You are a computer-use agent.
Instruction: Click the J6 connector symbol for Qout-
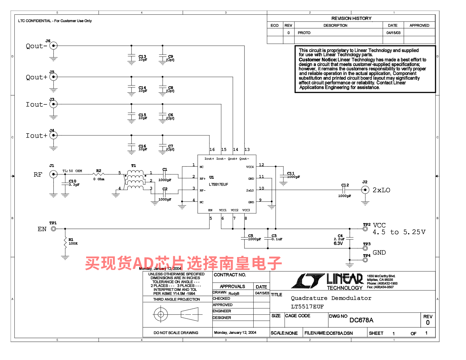pos(53,46)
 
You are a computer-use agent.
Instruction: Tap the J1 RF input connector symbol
pos(53,174)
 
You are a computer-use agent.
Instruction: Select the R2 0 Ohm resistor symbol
pos(98,174)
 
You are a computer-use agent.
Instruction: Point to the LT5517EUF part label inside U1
pos(218,184)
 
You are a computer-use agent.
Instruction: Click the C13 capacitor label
pos(142,56)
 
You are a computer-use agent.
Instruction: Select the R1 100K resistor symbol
pos(65,243)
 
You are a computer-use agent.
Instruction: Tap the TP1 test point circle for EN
pos(53,229)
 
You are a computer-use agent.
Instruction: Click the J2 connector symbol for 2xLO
pos(365,190)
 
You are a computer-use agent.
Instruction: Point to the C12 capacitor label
pos(345,185)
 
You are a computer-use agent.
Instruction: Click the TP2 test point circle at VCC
pos(365,229)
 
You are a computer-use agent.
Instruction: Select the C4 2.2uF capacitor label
pos(340,236)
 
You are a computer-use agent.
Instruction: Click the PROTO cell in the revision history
pos(304,33)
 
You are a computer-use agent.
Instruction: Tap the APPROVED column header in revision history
pos(419,25)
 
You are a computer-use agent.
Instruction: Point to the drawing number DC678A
pos(361,320)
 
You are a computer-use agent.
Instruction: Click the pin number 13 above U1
pos(247,149)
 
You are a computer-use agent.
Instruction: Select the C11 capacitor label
pos(291,173)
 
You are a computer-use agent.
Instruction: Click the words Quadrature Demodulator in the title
pos(331,298)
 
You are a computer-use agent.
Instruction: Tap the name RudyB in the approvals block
pos(234,293)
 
